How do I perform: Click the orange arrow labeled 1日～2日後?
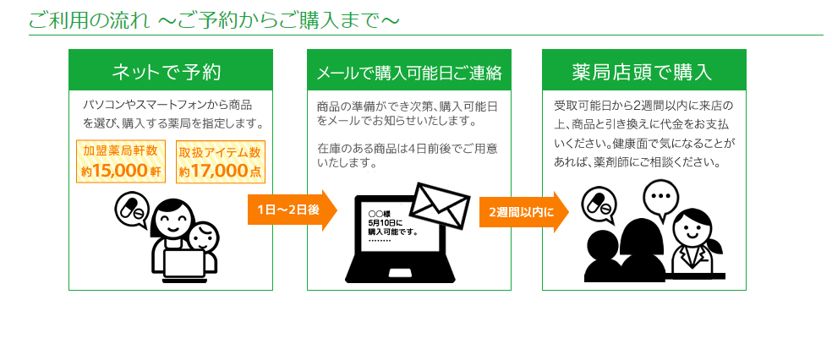[x=292, y=210]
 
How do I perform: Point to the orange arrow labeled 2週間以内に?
[x=523, y=212]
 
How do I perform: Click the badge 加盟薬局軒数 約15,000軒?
[x=121, y=161]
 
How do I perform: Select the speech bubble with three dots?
[x=660, y=197]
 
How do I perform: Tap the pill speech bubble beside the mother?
[x=132, y=209]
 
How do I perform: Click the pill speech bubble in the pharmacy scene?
[x=599, y=205]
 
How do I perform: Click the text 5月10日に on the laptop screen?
[x=381, y=223]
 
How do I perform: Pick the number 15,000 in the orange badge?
[x=120, y=171]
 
